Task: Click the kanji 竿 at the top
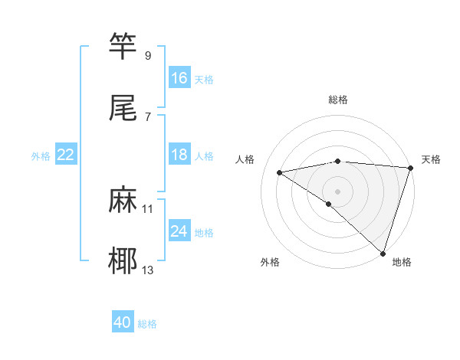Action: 123,46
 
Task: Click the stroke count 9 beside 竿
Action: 148,55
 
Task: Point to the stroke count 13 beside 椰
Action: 148,270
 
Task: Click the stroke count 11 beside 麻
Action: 148,208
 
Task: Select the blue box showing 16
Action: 179,78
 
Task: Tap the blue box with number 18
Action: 179,155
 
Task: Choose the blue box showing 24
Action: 179,231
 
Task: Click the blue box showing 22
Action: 66,155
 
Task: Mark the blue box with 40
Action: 123,323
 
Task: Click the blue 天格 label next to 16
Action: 204,80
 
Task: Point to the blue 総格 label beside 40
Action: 147,324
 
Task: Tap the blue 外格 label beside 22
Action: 41,156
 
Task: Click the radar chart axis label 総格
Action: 338,100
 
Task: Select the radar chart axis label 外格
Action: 270,262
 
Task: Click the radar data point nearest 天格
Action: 411,168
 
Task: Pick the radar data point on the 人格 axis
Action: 280,172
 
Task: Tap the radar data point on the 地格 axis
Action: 383,253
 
